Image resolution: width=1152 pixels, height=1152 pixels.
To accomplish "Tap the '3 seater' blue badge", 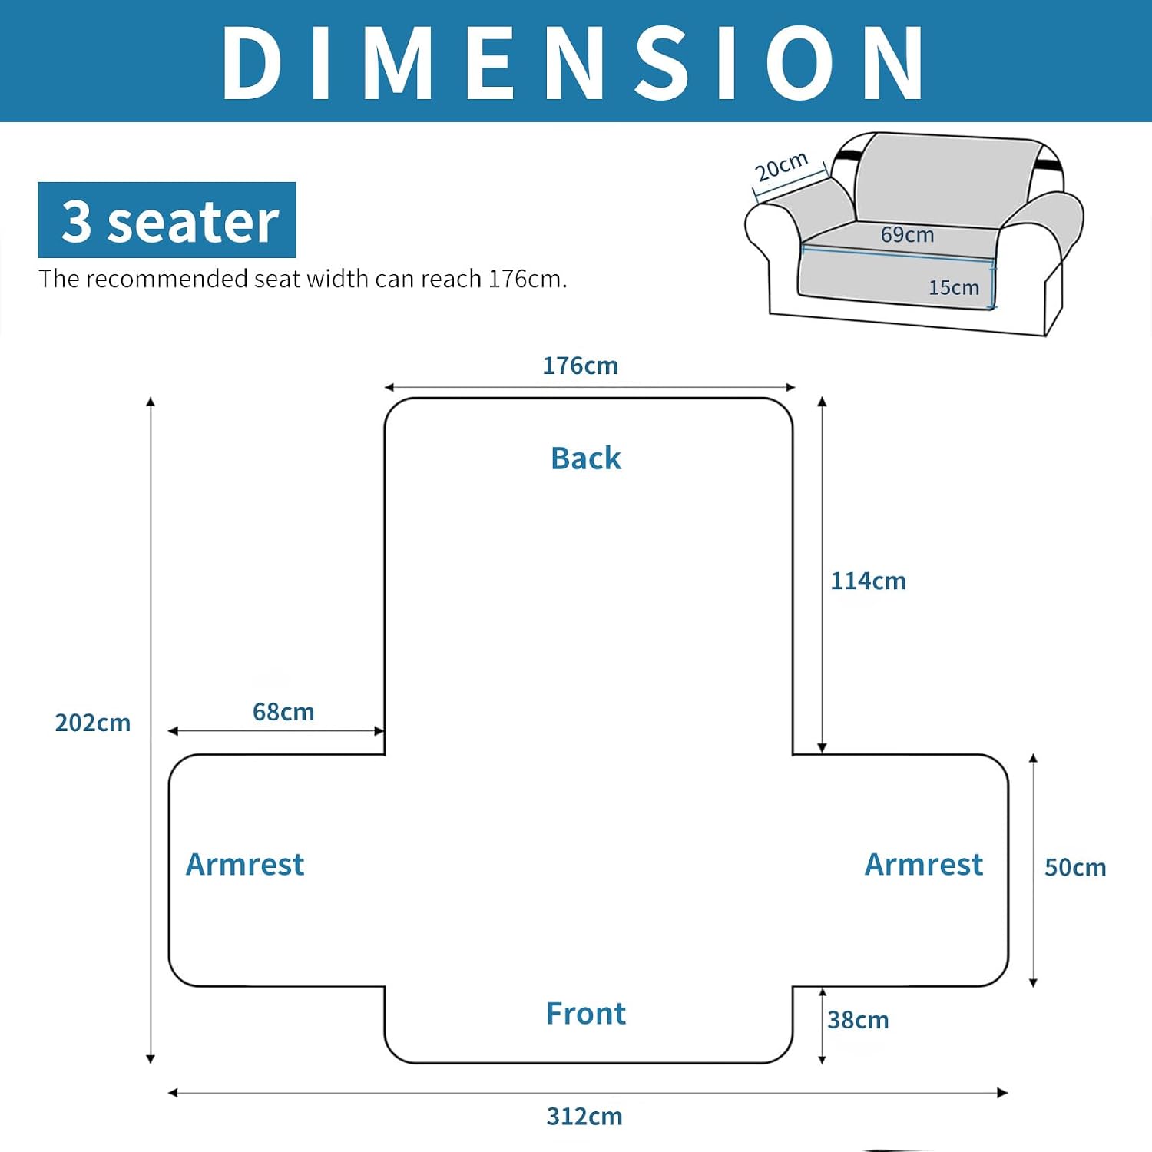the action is (167, 220).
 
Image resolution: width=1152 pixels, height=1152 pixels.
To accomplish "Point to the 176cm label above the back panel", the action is (580, 366).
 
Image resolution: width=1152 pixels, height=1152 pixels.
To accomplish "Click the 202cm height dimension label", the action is (93, 723).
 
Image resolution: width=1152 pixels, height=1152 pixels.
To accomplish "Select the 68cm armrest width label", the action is (283, 712).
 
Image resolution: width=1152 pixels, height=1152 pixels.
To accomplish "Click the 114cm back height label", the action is (868, 581).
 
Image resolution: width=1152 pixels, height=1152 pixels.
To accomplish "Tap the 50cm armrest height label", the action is (1075, 868).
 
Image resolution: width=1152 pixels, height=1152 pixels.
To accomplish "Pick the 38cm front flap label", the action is (858, 1020).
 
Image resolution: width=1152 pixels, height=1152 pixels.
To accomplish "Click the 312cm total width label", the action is (584, 1117).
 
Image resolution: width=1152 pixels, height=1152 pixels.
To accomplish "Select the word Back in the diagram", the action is (586, 458).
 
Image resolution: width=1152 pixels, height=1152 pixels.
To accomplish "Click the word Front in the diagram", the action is (586, 1014).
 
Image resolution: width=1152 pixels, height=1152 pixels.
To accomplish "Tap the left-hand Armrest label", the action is (245, 865).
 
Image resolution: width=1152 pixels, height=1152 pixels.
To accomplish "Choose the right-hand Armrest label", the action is (924, 865).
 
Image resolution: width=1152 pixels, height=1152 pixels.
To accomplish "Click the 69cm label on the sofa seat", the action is (907, 234).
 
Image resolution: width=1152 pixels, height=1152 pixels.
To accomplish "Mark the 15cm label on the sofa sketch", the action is (954, 287).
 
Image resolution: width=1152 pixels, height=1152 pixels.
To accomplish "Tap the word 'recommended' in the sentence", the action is (167, 278).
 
